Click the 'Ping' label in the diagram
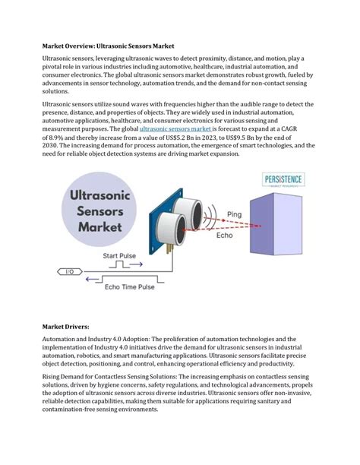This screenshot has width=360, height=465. (x=234, y=216)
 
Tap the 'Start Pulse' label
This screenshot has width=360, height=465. (x=122, y=255)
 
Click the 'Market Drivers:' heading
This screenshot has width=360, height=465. (x=66, y=325)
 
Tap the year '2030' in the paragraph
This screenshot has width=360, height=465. (x=52, y=146)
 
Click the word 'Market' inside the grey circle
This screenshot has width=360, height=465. (x=100, y=226)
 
